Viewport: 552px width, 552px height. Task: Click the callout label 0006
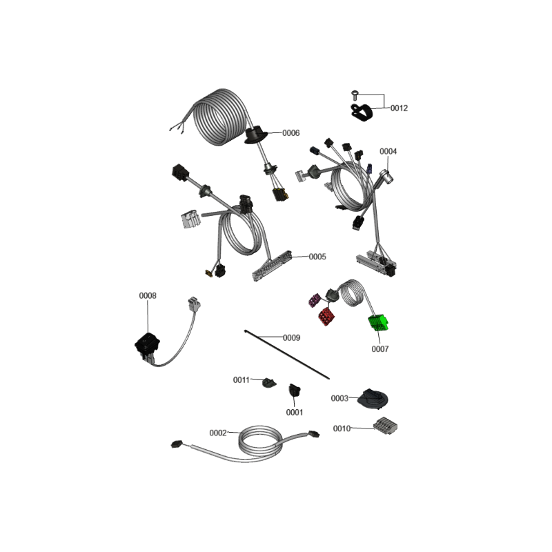290,133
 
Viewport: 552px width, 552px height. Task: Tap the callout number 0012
399,108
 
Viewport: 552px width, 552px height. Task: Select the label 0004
388,151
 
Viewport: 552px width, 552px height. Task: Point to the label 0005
317,257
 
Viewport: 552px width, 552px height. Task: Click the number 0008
148,296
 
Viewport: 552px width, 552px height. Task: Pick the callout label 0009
291,338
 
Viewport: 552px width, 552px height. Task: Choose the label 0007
380,349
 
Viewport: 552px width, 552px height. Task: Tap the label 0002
218,433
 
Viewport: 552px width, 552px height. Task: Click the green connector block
378,323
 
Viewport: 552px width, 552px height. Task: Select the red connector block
326,316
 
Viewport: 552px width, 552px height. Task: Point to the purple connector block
314,300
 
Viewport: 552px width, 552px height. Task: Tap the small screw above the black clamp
355,95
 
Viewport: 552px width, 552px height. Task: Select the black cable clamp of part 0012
361,112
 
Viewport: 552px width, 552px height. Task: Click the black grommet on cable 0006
256,135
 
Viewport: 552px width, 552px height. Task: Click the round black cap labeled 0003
373,399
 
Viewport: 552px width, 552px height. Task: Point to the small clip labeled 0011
269,382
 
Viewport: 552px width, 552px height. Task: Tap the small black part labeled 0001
295,390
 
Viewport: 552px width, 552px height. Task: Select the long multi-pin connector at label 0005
272,266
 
